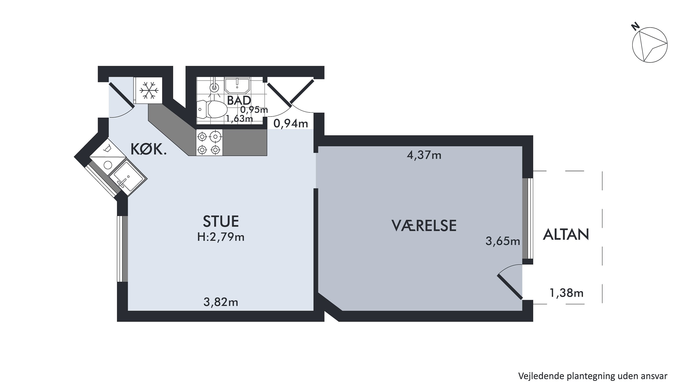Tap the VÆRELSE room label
pos(424,226)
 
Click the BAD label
pos(239,100)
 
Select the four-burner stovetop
pos(209,142)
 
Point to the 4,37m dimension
pos(424,155)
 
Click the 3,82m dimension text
pos(221,302)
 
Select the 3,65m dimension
pos(503,241)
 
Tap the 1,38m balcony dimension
pos(566,293)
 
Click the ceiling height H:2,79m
pos(221,237)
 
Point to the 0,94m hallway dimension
pos(291,124)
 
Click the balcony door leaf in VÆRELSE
pos(510,287)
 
